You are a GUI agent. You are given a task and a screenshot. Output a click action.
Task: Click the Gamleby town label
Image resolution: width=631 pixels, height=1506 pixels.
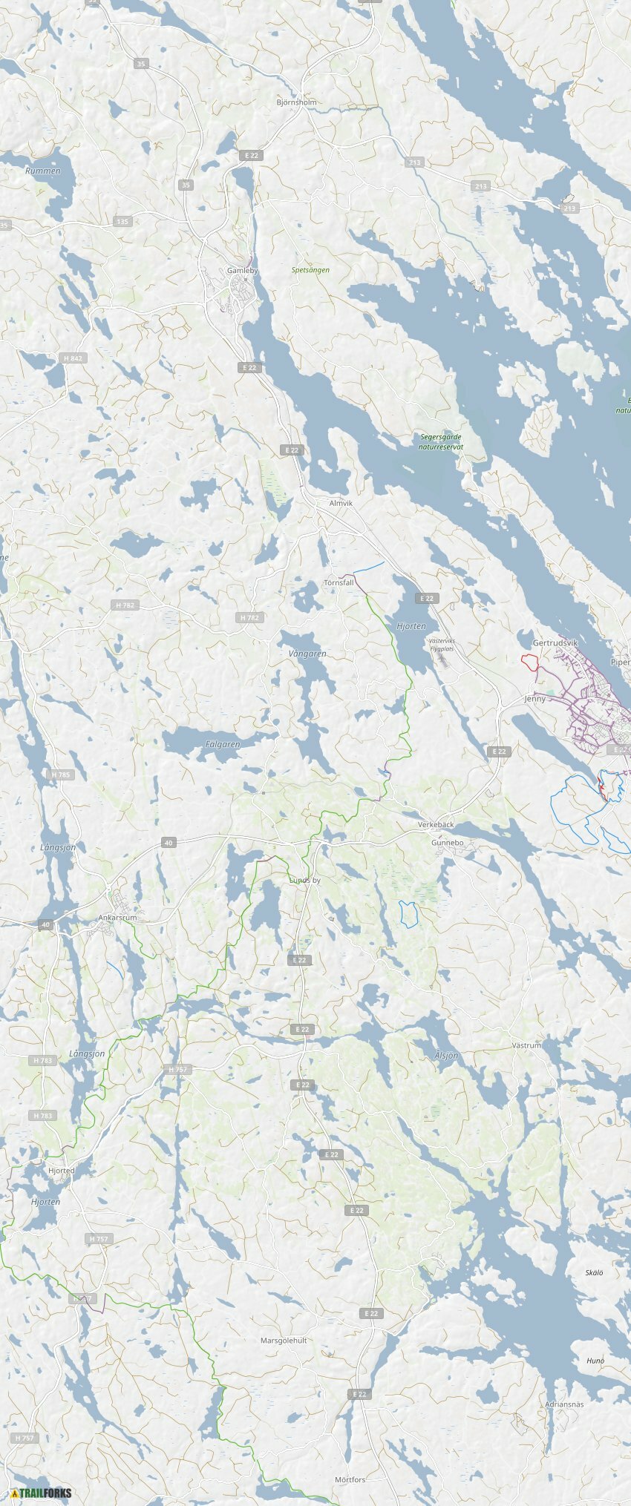(x=242, y=271)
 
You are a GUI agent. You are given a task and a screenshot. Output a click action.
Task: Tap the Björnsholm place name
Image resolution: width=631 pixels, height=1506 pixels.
(x=296, y=102)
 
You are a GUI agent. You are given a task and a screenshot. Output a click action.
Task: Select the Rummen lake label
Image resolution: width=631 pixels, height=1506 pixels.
(x=43, y=171)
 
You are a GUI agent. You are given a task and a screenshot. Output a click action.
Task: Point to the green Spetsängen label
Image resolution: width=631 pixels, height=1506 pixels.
(x=310, y=270)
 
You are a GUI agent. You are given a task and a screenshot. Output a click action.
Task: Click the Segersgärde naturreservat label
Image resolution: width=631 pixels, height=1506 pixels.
(x=441, y=442)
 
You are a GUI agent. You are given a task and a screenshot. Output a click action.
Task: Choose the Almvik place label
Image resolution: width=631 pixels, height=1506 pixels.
(x=341, y=503)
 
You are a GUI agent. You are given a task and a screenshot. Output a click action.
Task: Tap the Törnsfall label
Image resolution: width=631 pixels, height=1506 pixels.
(x=339, y=583)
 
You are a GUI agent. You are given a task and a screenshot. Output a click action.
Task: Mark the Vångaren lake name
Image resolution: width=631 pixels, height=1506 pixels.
(x=307, y=654)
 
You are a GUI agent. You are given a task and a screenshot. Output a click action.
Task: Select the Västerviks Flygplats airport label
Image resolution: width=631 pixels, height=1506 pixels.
(x=441, y=645)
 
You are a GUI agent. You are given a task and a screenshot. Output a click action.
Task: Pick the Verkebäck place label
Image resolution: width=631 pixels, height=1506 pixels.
(x=436, y=825)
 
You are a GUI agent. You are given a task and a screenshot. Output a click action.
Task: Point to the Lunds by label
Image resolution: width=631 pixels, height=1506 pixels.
(x=304, y=880)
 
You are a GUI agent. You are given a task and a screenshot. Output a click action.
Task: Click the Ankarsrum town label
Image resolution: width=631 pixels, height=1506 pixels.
(x=118, y=918)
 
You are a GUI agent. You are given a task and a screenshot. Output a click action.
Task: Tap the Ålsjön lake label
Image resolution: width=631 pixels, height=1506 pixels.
(x=446, y=1055)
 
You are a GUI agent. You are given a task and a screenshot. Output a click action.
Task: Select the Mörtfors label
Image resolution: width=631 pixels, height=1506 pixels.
(x=350, y=1479)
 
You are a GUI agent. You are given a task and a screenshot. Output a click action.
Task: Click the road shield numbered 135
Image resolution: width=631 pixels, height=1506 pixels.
(x=122, y=221)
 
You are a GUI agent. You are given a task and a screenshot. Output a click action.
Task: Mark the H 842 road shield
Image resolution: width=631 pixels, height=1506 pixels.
(x=73, y=358)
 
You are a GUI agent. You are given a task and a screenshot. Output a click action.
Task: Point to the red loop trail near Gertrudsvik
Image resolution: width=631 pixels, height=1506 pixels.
(x=529, y=662)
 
